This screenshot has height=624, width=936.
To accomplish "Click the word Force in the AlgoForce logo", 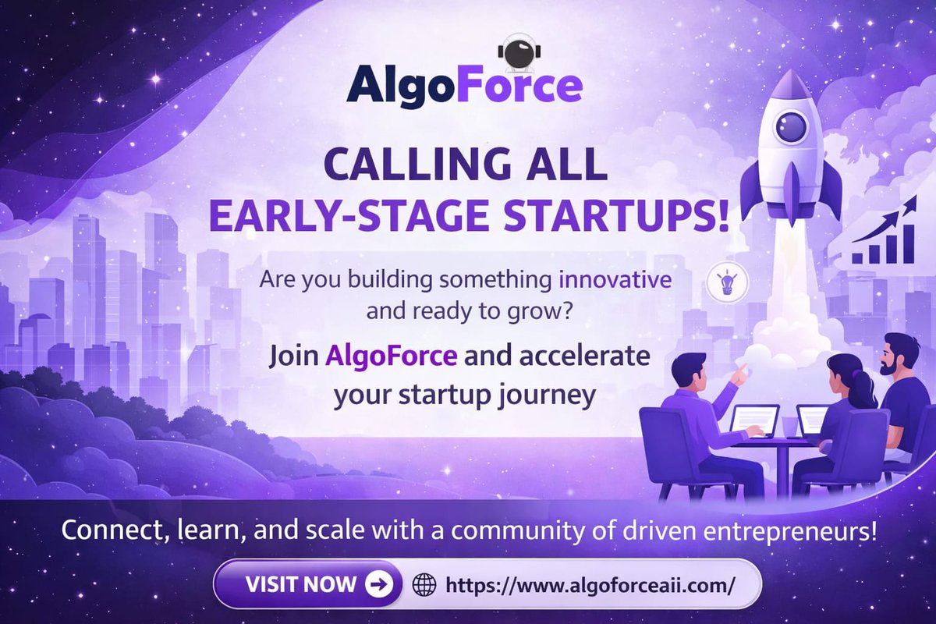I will pyautogui.click(x=524, y=86).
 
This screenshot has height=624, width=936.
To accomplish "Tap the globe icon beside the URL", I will pyautogui.click(x=424, y=584).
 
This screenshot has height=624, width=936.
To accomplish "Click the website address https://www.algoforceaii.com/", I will pyautogui.click(x=589, y=584).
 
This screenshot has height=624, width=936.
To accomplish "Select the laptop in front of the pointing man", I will pyautogui.click(x=754, y=420).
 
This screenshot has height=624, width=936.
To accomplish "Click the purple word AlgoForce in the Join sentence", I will pyautogui.click(x=391, y=358).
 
